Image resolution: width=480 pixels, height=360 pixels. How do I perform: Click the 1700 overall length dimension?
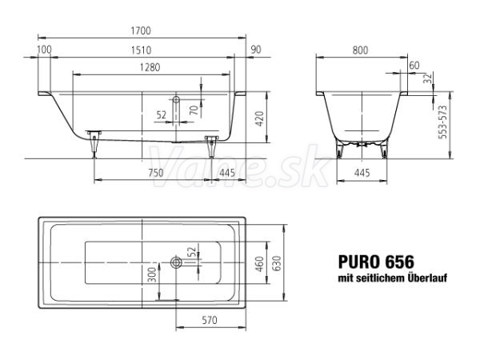tap(141, 31)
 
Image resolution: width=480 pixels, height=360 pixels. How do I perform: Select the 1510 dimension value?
tap(141, 50)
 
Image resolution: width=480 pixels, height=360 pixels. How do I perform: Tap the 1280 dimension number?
tap(150, 67)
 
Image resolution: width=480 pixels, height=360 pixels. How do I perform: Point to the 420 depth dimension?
tap(259, 119)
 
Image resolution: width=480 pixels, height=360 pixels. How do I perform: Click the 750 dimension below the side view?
tap(156, 174)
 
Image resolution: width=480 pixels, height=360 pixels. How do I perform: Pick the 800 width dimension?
tap(360, 50)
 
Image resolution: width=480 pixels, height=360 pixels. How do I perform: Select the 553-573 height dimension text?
tap(442, 122)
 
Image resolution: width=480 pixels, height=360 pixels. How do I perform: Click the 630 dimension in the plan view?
tap(277, 264)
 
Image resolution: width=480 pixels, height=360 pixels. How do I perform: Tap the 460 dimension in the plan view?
tap(259, 264)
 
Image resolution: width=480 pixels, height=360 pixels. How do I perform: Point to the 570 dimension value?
tap(210, 320)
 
